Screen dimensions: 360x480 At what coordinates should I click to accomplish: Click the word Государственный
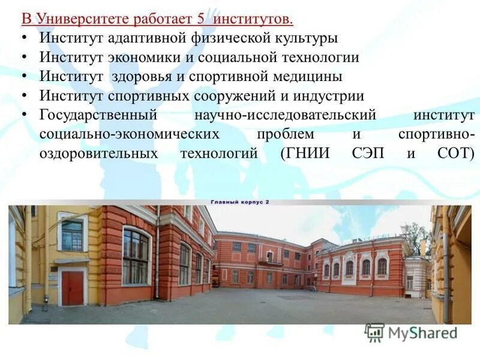(98, 115)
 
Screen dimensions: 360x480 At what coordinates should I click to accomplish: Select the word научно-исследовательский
(285, 115)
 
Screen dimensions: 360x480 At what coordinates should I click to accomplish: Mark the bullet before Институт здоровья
(23, 77)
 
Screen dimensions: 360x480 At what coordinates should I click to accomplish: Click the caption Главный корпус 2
(239, 202)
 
